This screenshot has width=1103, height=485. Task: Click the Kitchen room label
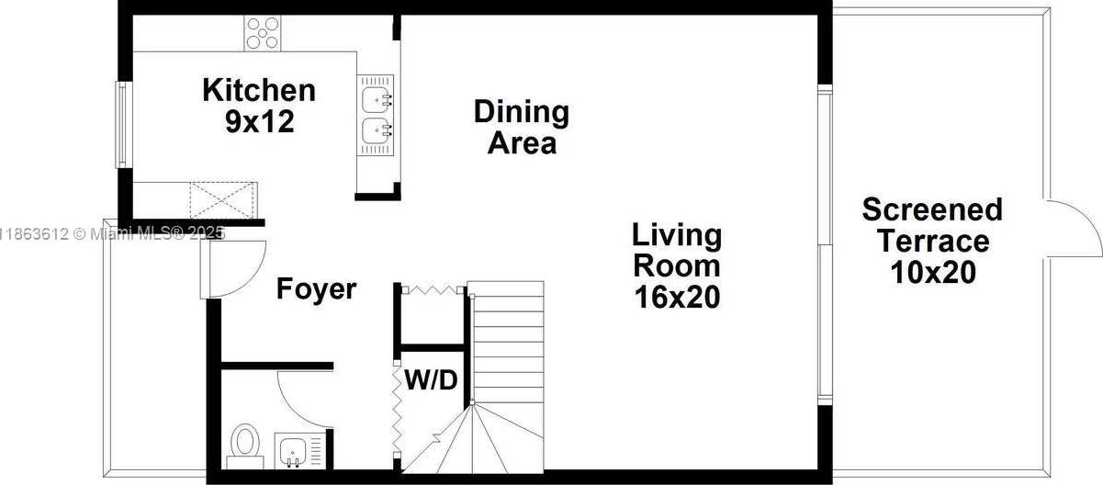(x=258, y=90)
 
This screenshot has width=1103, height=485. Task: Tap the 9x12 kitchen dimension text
(x=259, y=122)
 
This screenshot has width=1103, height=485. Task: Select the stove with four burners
(x=262, y=34)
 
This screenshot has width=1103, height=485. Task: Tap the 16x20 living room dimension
(x=677, y=297)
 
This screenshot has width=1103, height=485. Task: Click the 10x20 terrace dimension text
(x=932, y=273)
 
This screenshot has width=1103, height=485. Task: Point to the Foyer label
(x=316, y=289)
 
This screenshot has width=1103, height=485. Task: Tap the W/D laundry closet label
(x=431, y=378)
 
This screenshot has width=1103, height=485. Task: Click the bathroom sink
(x=293, y=450)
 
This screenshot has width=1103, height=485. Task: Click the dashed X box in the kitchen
(x=223, y=197)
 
